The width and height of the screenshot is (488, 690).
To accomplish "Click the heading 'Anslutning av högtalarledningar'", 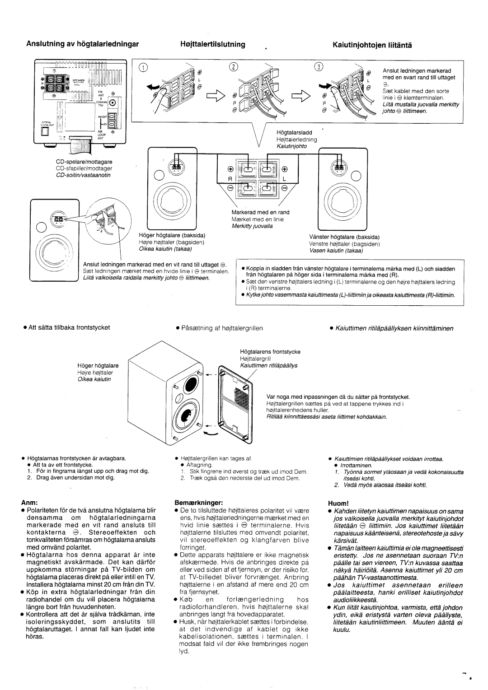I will click(75, 44).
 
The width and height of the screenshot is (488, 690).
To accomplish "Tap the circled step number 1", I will click(143, 68).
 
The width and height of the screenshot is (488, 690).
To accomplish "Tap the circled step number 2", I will click(233, 68).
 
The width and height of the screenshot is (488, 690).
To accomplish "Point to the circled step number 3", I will click(320, 68).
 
